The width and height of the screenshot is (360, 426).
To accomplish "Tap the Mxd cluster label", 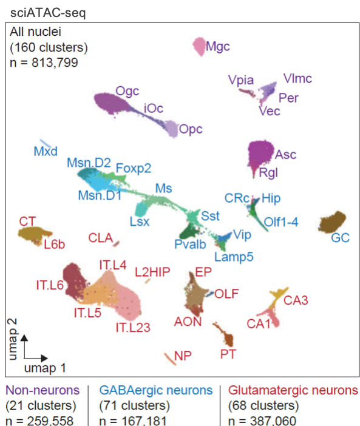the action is click(x=46, y=151).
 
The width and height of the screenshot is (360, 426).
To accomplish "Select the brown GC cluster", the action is click(x=332, y=222).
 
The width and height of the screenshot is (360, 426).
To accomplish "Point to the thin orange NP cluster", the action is click(x=170, y=359).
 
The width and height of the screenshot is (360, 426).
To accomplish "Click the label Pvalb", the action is click(x=190, y=245).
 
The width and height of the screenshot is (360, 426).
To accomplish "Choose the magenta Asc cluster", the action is click(x=260, y=153).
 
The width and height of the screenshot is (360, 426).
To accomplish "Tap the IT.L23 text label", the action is click(x=133, y=327).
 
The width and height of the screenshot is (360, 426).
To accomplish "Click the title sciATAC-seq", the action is click(x=48, y=13).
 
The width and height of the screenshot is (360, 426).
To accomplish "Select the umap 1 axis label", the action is click(x=45, y=368).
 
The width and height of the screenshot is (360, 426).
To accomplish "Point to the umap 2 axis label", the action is click(x=13, y=339).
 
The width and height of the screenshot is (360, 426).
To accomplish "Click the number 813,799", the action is click(x=55, y=63).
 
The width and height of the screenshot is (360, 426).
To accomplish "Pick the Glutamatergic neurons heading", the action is click(x=293, y=390).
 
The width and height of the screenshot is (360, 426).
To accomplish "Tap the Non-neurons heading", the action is click(x=42, y=390).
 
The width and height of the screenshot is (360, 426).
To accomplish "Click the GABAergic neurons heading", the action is click(x=156, y=390).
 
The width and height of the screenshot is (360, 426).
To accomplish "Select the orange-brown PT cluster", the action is click(x=225, y=334).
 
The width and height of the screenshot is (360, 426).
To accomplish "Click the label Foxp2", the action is click(x=134, y=169).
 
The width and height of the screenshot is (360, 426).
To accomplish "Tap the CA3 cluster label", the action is click(x=296, y=300).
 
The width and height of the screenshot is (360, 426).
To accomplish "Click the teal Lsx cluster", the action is click(x=141, y=210).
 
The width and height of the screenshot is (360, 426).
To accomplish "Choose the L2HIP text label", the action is click(x=153, y=272).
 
